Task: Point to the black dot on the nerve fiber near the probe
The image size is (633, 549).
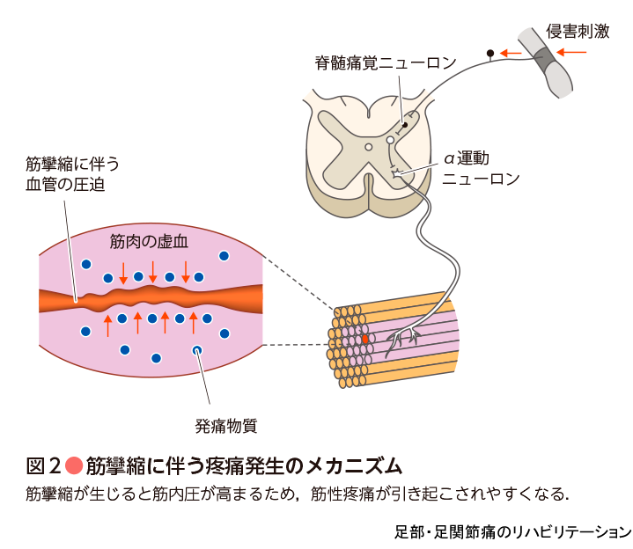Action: point(490,54)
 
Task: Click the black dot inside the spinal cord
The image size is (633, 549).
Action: point(405,125)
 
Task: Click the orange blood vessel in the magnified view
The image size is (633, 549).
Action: point(151,298)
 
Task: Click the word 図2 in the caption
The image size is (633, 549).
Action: point(43,465)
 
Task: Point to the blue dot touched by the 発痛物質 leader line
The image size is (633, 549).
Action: point(197,351)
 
